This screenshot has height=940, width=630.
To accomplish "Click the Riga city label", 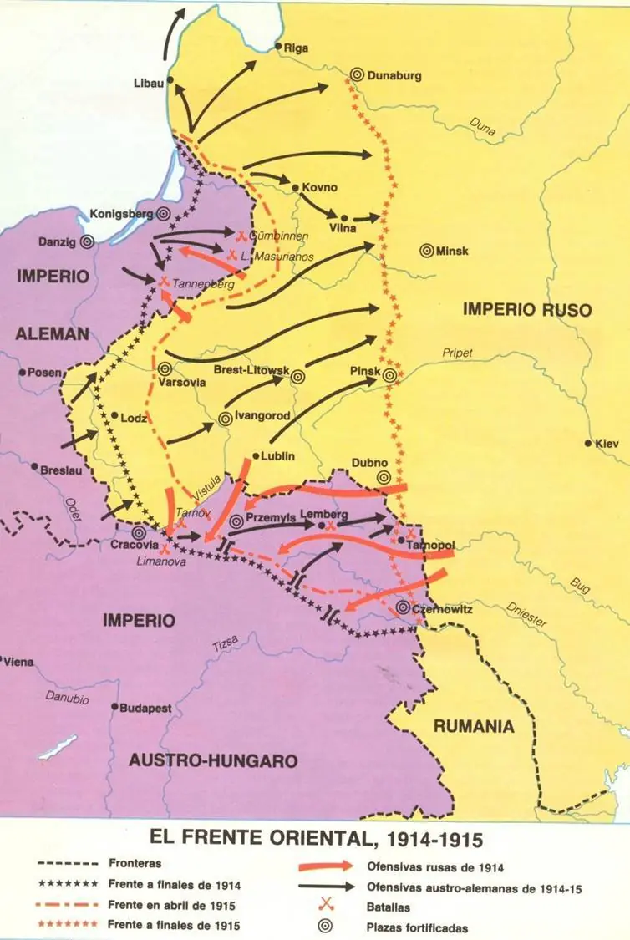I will [x=297, y=48].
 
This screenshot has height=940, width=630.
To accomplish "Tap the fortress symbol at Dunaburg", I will [x=358, y=74].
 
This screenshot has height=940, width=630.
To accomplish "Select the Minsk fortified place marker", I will [x=426, y=250].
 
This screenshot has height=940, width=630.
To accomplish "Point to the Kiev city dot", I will [x=590, y=444].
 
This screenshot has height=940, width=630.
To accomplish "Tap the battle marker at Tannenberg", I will [x=165, y=281].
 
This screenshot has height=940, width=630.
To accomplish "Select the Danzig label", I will [x=57, y=242].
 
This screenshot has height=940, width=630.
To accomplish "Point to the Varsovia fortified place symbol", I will [x=165, y=367].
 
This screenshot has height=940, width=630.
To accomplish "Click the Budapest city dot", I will [x=115, y=706].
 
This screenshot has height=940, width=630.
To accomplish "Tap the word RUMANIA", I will [x=473, y=726].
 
